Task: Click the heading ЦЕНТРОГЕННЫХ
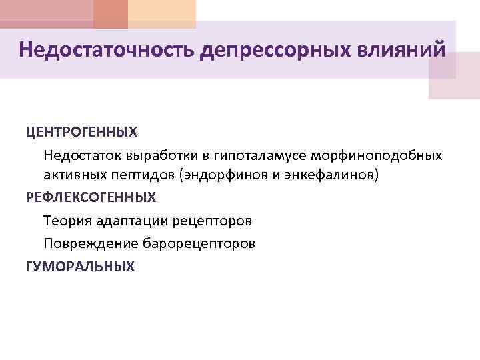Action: pos(81,132)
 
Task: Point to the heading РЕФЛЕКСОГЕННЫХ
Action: pos(91,197)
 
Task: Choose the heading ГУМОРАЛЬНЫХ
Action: pos(80,267)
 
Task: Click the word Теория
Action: pos(64,219)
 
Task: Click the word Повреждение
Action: pos(83,243)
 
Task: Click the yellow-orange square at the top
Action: pos(162,14)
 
